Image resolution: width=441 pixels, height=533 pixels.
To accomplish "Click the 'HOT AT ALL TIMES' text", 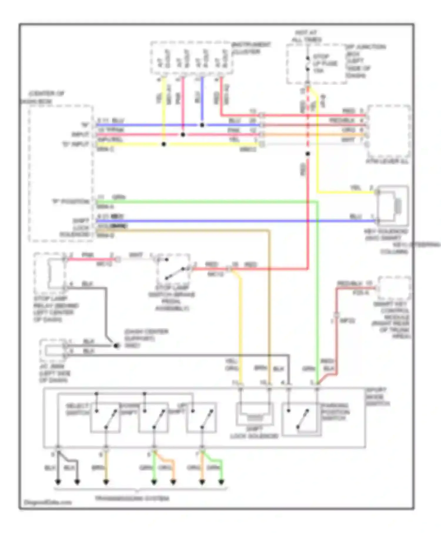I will tap(306, 36).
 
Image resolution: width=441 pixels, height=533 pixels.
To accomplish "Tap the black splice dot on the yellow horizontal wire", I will tap(164, 144).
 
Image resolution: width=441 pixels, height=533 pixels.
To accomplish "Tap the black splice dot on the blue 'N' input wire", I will tap(202, 125).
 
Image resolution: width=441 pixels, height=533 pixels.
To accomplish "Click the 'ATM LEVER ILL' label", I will tap(387, 161).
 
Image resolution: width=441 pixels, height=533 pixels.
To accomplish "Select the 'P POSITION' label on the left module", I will tap(71, 202).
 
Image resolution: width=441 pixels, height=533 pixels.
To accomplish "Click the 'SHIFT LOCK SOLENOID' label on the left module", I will tap(75, 228).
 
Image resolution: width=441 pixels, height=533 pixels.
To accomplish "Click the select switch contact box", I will tap(105, 417).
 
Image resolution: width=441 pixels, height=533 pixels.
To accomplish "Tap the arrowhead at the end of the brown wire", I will tap(106, 482).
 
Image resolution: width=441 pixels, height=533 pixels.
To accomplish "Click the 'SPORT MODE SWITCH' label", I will tap(377, 397).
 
